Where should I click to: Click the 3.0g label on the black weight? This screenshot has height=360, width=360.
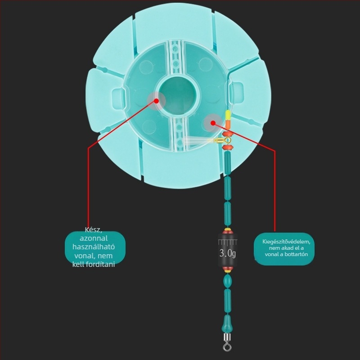coord(228,253)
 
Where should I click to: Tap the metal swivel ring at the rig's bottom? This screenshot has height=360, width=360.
coord(227,346)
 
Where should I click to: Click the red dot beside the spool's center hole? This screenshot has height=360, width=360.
coord(157,101)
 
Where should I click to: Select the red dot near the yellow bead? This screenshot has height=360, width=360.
coord(213,123)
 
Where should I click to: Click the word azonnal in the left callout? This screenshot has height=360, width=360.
coord(94,238)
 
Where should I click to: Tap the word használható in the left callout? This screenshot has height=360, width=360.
coord(94,247)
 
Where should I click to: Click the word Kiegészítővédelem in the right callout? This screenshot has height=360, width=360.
coord(286,242)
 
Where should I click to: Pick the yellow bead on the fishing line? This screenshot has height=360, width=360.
coord(228,115)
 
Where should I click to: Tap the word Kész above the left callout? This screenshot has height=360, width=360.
coord(94,229)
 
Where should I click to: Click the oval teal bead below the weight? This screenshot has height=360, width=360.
coord(228,281)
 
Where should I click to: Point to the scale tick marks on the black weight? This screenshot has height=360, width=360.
coord(228,242)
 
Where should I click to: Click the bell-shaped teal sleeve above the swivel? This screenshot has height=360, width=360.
coord(227,324)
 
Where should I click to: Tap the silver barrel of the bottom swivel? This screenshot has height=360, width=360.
coord(227,337)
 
